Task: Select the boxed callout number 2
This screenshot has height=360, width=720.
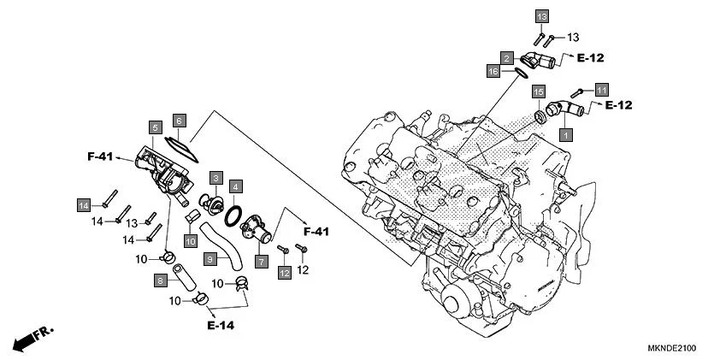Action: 507,58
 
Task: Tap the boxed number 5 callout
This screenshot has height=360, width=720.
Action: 155,127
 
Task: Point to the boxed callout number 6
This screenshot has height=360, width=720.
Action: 179,121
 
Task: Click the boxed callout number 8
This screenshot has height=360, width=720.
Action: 160,280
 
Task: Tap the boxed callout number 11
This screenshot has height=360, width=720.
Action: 602,90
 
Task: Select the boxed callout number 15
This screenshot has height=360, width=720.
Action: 538,91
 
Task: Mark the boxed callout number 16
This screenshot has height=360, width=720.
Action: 493,72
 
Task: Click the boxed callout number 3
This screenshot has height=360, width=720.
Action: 217,177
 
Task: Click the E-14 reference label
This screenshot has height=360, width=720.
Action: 220,325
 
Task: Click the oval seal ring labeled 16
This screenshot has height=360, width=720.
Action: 515,74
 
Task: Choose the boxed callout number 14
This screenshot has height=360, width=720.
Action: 84,205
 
